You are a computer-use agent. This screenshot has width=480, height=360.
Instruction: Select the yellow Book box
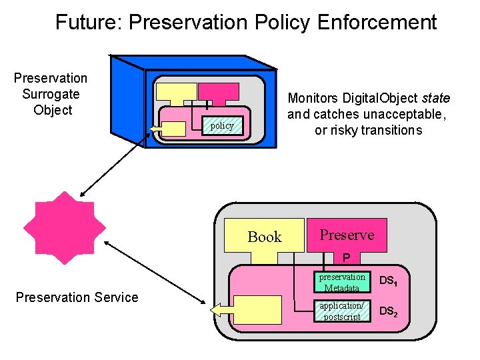click(264, 236)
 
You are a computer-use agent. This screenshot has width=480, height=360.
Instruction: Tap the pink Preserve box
click(347, 235)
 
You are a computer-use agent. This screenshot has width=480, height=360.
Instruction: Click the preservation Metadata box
click(342, 282)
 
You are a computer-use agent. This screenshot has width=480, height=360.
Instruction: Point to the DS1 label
click(389, 282)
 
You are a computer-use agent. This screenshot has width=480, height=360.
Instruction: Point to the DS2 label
click(389, 311)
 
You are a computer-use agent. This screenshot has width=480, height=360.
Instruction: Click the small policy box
click(222, 125)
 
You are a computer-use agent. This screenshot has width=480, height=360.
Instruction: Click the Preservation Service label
click(77, 297)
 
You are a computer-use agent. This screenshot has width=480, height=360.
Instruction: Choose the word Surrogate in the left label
click(51, 94)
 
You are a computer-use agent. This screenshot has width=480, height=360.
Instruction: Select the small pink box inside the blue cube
click(219, 91)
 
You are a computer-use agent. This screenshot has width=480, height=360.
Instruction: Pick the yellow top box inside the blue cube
click(175, 92)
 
